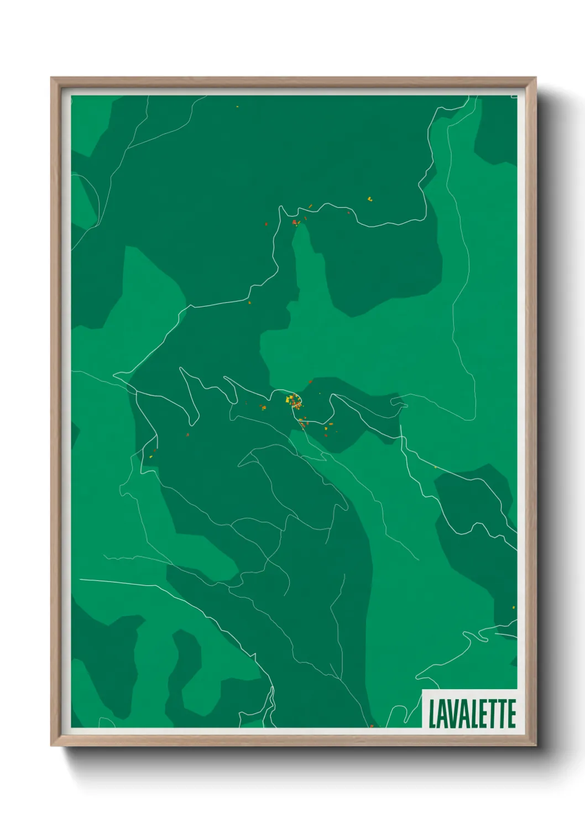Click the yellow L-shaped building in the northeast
[x=370, y=198]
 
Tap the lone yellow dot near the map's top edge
[x=237, y=107]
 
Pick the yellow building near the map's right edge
[x=514, y=607]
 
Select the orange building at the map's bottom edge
[x=372, y=726]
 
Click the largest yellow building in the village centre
[x=289, y=399]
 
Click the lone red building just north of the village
[x=311, y=381]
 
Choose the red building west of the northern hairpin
[x=266, y=224]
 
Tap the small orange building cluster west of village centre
[x=263, y=407]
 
